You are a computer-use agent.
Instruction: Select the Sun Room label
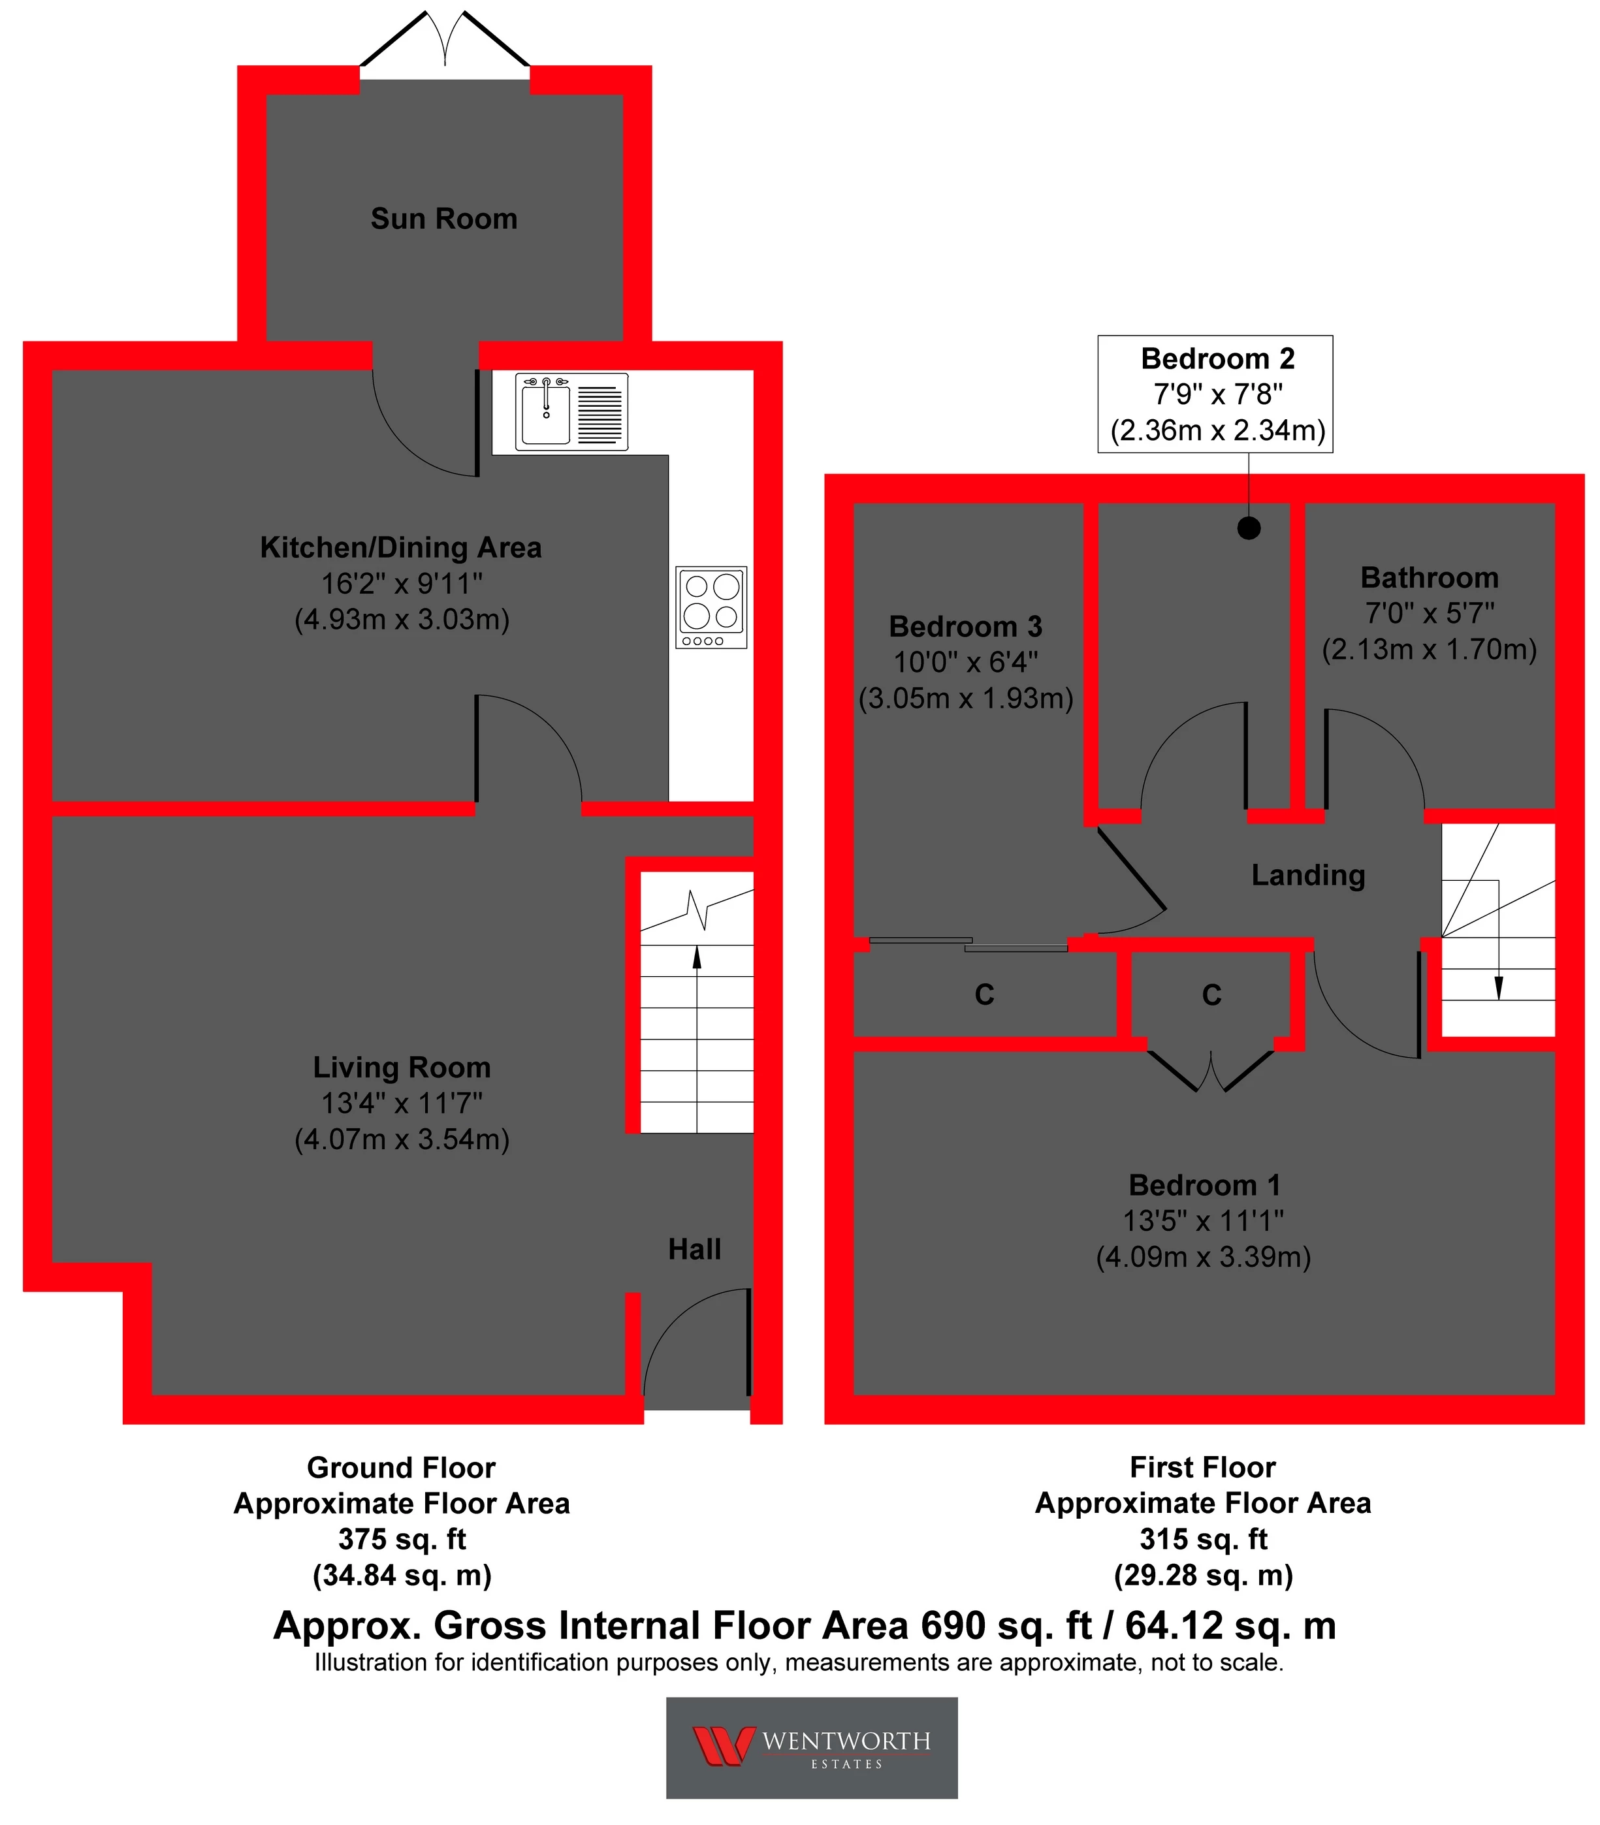pos(443,219)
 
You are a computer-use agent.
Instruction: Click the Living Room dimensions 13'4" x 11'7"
pos(402,1103)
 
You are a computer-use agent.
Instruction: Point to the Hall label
pos(695,1249)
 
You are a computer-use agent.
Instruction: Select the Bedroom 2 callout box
pos(1216,394)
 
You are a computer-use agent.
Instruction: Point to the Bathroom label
pos(1429,578)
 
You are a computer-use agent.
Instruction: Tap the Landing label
pos(1308,875)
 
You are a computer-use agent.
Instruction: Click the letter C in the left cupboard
pos(984,994)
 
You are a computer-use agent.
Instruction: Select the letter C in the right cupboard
pos(1211,994)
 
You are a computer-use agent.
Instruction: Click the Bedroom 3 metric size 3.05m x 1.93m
pos(966,698)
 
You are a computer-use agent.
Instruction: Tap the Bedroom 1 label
pos(1204,1185)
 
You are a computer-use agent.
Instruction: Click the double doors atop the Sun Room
pos(445,40)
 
